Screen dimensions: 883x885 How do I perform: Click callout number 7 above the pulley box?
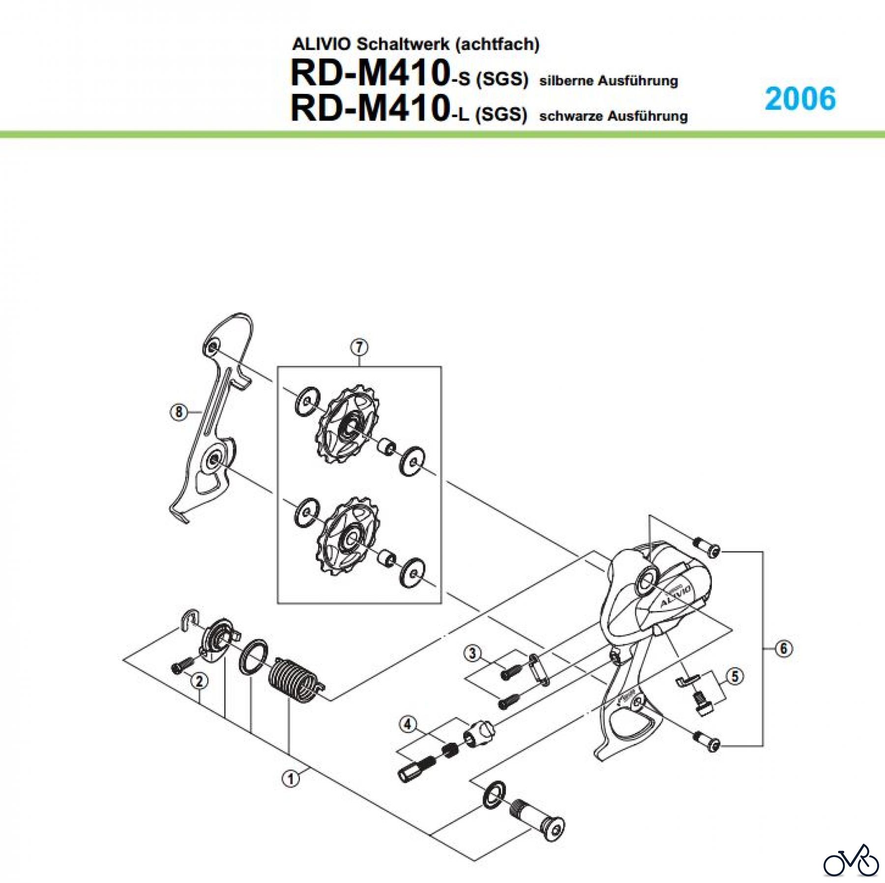(x=359, y=347)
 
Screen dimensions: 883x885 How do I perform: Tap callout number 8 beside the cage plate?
(x=178, y=411)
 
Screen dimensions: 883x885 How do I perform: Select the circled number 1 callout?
(x=291, y=779)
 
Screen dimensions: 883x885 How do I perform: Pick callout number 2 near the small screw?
(x=199, y=681)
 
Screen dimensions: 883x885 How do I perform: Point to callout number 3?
(x=472, y=653)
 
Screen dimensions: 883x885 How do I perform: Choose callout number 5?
(x=735, y=676)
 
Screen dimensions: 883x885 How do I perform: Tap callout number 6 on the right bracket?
(x=784, y=649)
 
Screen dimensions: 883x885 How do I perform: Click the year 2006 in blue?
(x=800, y=99)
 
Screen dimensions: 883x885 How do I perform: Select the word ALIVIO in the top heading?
(x=321, y=44)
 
